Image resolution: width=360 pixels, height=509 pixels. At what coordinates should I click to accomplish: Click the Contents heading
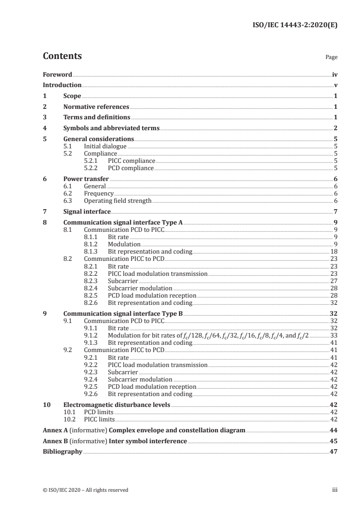pos(62,56)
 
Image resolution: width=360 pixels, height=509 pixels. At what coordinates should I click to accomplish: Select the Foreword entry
pos(57,74)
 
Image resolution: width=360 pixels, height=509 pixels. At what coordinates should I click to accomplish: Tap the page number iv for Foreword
pos(335,74)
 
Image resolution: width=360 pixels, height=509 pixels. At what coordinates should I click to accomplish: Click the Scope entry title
pos(72,96)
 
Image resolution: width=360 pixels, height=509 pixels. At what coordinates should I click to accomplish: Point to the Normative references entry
pos(96,107)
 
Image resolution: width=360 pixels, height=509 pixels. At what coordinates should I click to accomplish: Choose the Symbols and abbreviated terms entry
pos(111,128)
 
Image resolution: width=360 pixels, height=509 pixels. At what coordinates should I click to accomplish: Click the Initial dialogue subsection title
pos(105,147)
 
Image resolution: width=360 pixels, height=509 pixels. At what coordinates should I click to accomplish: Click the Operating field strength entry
pos(118,201)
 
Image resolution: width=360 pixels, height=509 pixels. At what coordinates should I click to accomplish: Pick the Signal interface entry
pos(87,211)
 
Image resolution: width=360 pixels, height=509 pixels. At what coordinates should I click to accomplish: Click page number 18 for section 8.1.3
pos(333,251)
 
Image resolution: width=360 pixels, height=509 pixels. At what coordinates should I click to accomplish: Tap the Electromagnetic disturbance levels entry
pos(117,405)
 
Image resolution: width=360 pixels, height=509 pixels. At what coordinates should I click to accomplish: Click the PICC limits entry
pos(99,419)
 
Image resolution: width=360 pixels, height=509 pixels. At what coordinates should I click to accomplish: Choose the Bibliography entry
pos(63,451)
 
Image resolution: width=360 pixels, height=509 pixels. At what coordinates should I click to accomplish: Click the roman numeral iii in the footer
pos(335,489)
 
